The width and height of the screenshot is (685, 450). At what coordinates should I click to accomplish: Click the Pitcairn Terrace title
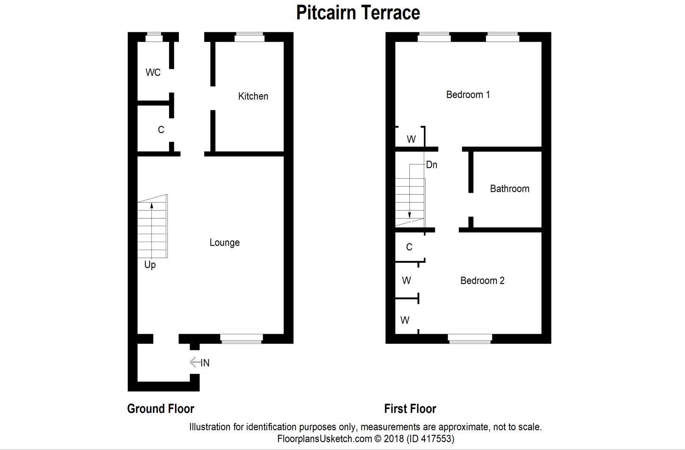pos(358,13)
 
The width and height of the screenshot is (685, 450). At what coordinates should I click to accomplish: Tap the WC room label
pos(153,73)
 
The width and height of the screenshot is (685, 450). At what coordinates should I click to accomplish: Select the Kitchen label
pos(253,96)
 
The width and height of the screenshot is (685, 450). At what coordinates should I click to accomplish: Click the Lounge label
pos(225,243)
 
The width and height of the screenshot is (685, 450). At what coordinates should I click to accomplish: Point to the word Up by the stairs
pos(150,265)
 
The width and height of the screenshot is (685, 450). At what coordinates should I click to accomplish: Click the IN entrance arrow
pos(195,363)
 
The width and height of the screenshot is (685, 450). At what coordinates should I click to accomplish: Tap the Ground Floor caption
pos(161,409)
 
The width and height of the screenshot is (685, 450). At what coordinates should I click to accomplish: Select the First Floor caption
pos(410,409)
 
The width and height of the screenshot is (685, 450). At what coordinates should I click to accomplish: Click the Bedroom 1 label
pos(468,95)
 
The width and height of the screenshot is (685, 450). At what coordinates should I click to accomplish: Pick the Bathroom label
pos(510,189)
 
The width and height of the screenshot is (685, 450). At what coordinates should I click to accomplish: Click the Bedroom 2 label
pos(482,281)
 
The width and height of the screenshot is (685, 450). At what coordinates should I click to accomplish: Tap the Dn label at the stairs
pos(431,165)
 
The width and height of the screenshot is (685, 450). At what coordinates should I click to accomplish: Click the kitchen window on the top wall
pos(249,38)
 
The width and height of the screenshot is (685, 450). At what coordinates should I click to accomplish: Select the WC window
pos(154,38)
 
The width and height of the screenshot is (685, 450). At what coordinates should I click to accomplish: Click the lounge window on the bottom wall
pos(241,338)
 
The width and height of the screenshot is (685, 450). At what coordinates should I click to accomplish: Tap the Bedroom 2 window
pos(470,338)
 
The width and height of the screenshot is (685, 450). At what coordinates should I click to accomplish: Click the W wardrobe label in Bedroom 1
pos(411,139)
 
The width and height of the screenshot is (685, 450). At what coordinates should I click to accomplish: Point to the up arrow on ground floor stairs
pos(151,206)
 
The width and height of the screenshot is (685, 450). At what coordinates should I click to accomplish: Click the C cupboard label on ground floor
pos(161,130)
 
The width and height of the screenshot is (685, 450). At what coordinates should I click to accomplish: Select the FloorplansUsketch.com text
pos(324,439)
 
